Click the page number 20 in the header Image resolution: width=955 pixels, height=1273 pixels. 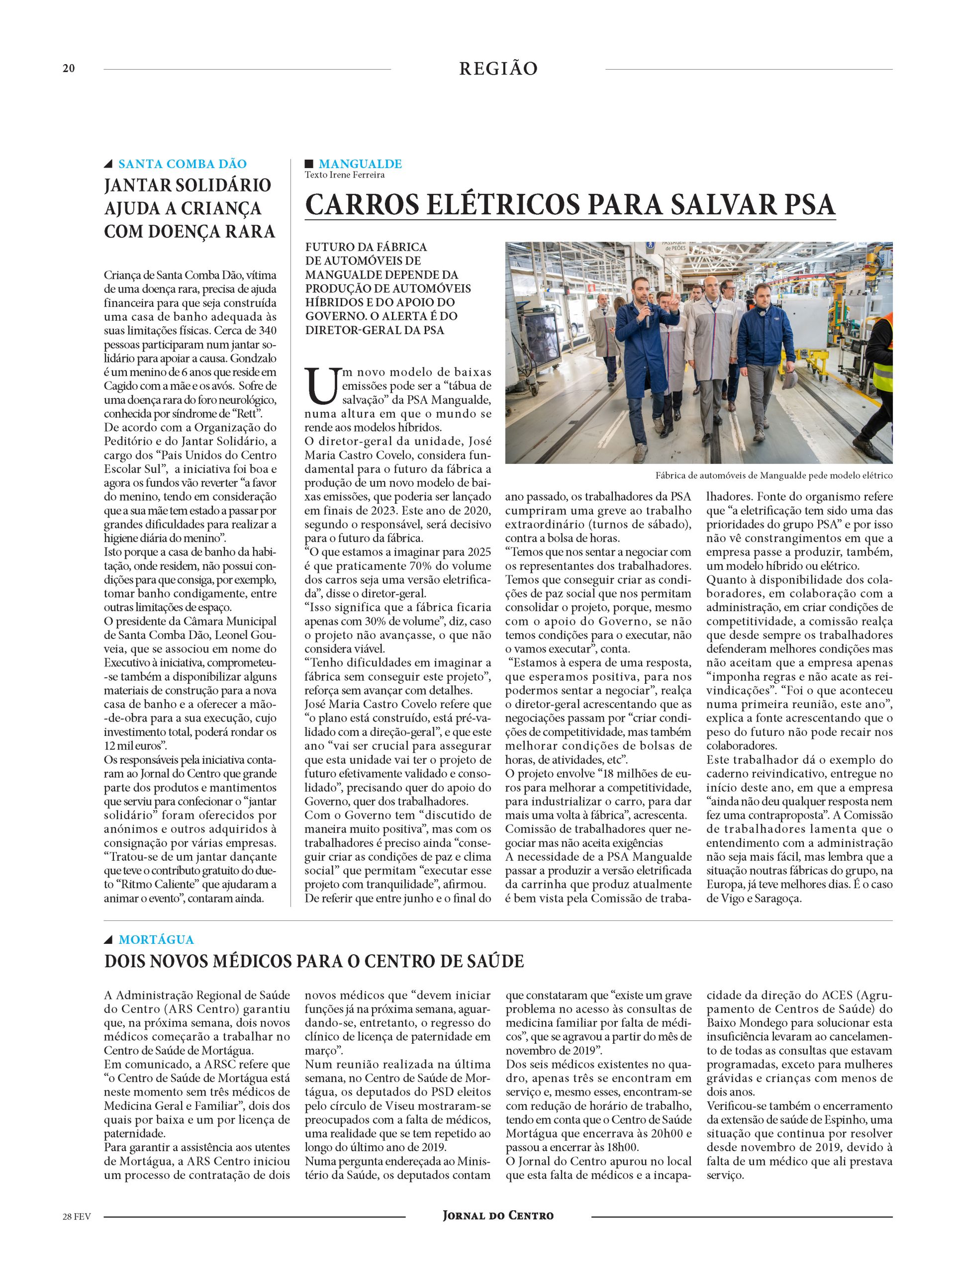point(69,69)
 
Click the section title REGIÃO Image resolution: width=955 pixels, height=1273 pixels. point(498,69)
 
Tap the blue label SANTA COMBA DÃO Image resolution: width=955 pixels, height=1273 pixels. point(182,164)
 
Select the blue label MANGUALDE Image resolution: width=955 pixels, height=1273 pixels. point(360,164)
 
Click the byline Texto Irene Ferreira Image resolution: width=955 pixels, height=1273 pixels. point(344,175)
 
